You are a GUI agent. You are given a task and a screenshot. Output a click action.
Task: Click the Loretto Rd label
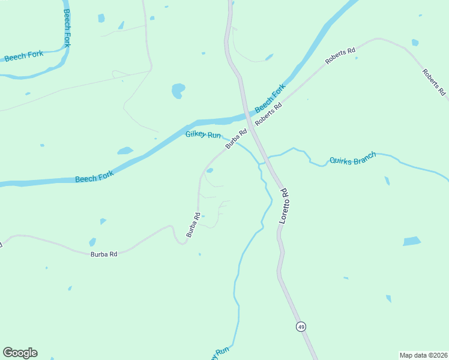click(x=285, y=206)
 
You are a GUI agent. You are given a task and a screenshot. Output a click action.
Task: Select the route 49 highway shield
click(x=301, y=326)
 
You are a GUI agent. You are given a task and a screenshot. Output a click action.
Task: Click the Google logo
click(x=20, y=353)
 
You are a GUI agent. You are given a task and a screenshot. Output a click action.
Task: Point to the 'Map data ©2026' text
click(x=423, y=355)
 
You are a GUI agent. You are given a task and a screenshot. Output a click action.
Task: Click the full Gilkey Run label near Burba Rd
click(x=203, y=135)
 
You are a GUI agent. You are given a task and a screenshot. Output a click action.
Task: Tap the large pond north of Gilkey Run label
click(x=178, y=91)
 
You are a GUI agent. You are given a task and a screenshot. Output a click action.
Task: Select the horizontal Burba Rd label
click(x=103, y=254)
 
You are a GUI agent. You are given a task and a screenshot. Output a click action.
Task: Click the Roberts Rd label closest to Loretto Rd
click(x=268, y=115)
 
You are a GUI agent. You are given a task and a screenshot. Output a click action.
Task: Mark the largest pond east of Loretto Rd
click(x=412, y=241)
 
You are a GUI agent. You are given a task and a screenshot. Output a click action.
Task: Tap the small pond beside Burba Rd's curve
click(x=209, y=170)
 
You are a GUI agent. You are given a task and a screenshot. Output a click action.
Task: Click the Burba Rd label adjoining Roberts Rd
click(x=237, y=139)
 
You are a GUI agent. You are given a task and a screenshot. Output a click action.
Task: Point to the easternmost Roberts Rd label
click(x=433, y=83)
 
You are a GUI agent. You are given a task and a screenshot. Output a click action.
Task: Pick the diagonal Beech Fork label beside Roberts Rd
click(x=270, y=99)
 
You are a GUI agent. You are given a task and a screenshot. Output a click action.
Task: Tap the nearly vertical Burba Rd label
click(x=193, y=225)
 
